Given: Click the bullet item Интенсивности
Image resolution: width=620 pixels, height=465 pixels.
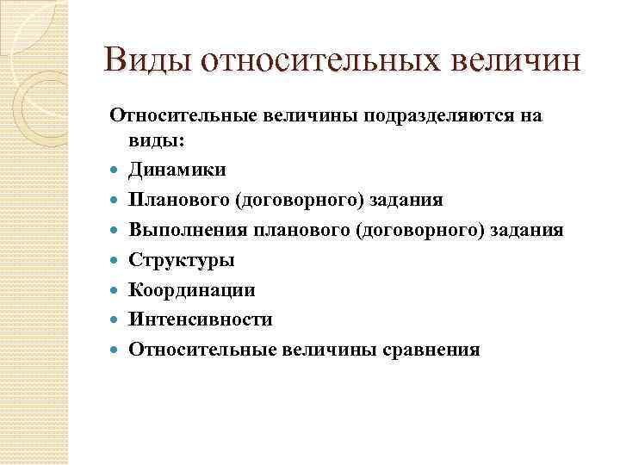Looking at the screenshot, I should [x=201, y=320].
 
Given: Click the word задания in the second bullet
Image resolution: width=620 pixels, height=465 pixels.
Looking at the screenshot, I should [x=409, y=200].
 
